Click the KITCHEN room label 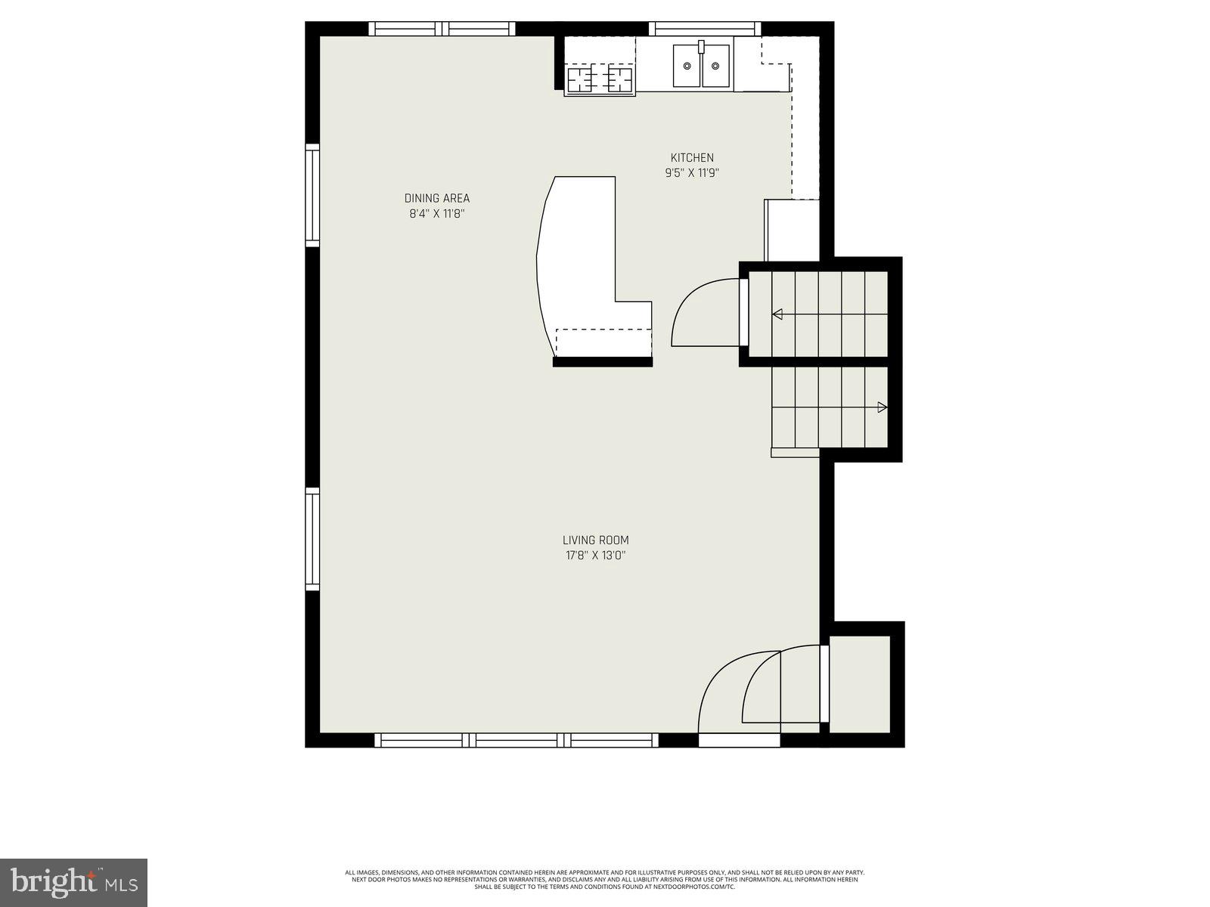tap(691, 157)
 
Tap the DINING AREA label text tap(436, 198)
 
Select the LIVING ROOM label tap(595, 540)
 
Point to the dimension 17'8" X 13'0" tap(595, 556)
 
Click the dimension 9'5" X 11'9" tap(691, 172)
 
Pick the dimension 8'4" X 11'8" tap(436, 213)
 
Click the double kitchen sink tap(702, 66)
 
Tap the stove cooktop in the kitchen tap(600, 79)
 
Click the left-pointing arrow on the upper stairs tap(777, 314)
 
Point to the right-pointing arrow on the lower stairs tap(882, 407)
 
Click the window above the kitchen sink tap(705, 29)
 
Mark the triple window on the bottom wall tap(517, 740)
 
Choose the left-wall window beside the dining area tap(312, 195)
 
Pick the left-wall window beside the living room tap(312, 539)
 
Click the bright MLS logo tap(73, 882)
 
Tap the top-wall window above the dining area tap(442, 29)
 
